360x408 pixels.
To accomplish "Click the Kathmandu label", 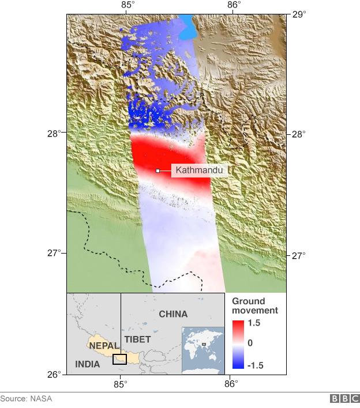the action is point(198,171).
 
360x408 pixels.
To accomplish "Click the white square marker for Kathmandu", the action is point(157,171).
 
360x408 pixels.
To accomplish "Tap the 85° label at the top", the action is point(128,5).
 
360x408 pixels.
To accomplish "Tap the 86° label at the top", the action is point(234,5).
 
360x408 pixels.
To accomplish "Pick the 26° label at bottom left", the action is point(55,375).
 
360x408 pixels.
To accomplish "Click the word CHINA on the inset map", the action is point(173,314).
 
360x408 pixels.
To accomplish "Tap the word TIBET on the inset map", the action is point(137,339).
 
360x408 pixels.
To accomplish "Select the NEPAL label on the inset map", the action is point(104,346).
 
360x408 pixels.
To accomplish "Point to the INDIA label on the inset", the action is point(87,364).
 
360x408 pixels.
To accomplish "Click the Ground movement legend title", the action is point(255,306).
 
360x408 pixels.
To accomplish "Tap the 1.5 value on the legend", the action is point(254,324).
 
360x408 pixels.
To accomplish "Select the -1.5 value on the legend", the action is point(255,364).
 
